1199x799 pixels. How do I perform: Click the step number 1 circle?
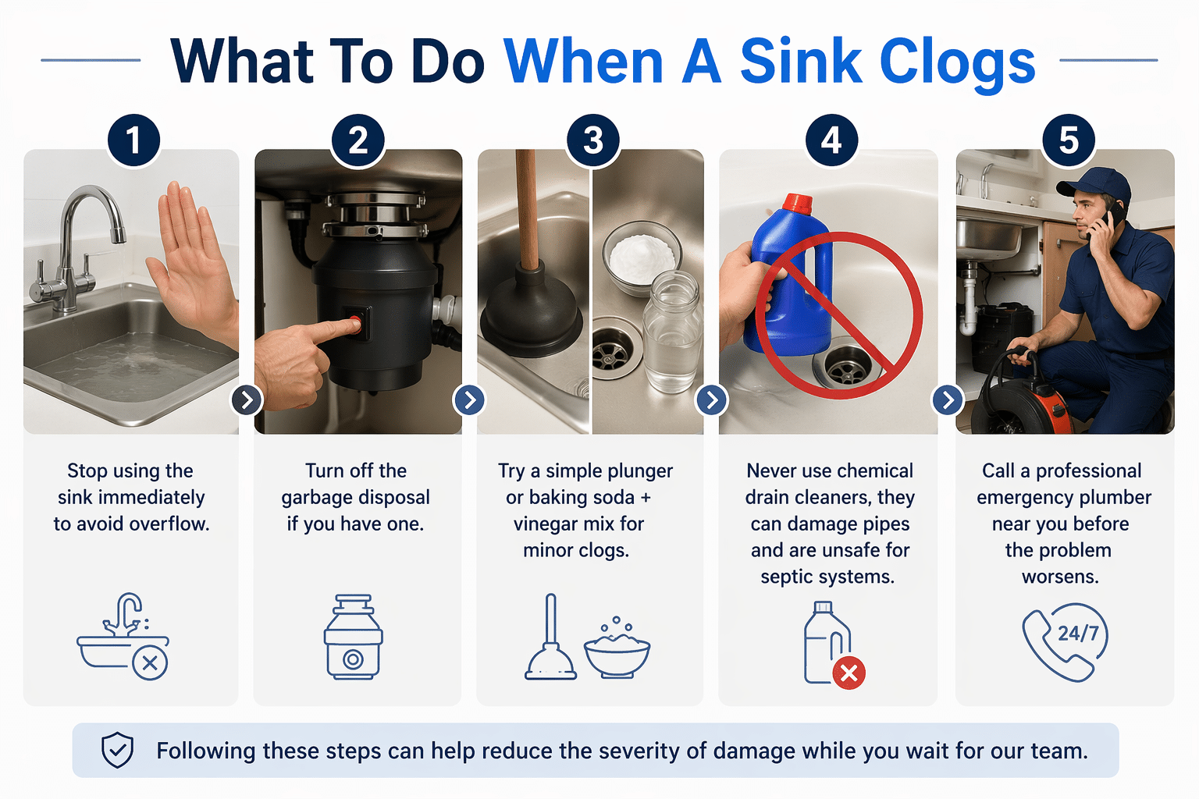tap(133, 140)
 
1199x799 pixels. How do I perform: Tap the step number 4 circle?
tap(831, 140)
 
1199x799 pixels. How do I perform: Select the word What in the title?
tap(242, 62)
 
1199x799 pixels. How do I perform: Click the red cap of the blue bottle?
tap(797, 204)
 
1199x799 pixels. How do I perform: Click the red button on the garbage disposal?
tap(356, 322)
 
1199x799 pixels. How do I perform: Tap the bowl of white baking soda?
tap(642, 254)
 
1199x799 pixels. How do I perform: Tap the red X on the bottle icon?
tap(849, 673)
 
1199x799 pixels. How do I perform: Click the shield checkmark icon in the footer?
tap(118, 751)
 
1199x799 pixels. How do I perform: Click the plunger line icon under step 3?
tap(551, 640)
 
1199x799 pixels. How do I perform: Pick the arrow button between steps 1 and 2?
tap(247, 400)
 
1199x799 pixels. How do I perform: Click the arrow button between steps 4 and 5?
tap(947, 400)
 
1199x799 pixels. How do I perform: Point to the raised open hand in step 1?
tap(191, 257)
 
